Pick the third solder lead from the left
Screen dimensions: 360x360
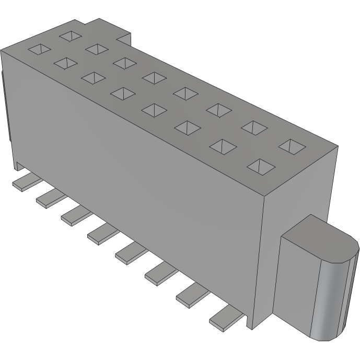(x=74, y=214)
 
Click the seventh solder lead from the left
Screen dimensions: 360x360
(x=191, y=295)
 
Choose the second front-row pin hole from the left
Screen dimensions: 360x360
(x=65, y=63)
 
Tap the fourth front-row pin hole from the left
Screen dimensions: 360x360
(x=122, y=94)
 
